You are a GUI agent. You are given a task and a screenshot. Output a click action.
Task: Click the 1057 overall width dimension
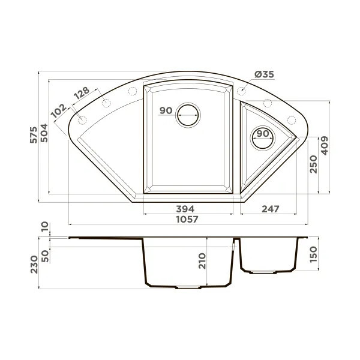(x=187, y=219)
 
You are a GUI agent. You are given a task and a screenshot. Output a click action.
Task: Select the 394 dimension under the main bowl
(x=185, y=209)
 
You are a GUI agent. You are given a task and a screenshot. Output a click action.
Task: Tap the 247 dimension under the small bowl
(x=271, y=209)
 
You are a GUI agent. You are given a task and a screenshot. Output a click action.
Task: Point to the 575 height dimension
(x=34, y=135)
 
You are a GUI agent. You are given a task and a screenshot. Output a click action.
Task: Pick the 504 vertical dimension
(x=44, y=133)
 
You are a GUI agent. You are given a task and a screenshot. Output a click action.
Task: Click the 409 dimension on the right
(x=325, y=146)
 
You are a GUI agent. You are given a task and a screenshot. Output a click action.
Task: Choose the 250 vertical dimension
(x=313, y=164)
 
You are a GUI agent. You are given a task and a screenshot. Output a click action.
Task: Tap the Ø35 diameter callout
(x=264, y=74)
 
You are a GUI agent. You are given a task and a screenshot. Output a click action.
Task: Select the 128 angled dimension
(x=82, y=93)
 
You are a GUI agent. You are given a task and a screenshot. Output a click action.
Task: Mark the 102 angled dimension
(x=59, y=110)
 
